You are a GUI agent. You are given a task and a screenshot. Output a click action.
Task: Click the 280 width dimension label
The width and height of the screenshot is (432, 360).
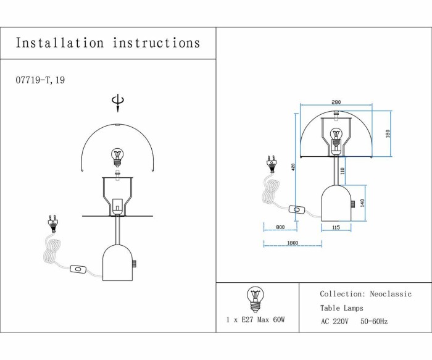[x=336, y=103]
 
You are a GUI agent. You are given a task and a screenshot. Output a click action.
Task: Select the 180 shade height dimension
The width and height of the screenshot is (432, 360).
[x=388, y=135]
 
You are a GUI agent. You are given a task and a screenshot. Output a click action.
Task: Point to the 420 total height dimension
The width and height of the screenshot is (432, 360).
[x=294, y=167]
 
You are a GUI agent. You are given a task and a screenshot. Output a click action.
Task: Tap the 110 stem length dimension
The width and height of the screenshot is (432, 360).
[x=343, y=170]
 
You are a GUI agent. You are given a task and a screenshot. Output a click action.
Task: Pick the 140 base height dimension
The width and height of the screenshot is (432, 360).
[x=363, y=202]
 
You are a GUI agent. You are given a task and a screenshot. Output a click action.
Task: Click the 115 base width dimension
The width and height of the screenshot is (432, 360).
[x=336, y=228]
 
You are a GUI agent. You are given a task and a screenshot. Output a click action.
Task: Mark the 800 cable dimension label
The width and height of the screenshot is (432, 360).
[x=280, y=228]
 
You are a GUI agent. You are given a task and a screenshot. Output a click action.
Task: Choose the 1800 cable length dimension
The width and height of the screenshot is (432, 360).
[x=293, y=243]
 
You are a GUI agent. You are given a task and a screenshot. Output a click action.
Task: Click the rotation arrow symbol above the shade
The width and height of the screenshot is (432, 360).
[x=117, y=102]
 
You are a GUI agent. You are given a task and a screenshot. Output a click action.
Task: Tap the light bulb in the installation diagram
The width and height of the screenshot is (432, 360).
[x=117, y=157]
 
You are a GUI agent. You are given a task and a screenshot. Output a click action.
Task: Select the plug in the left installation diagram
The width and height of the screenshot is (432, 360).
[x=53, y=223]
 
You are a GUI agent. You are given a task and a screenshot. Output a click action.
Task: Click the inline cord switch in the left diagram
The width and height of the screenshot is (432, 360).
[x=78, y=269]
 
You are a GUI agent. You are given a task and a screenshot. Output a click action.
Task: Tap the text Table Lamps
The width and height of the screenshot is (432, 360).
[x=341, y=308]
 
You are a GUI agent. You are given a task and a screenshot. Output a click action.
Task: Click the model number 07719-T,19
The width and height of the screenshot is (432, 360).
[x=40, y=80]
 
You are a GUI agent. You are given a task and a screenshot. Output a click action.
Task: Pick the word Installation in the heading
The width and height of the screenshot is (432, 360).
[x=60, y=43]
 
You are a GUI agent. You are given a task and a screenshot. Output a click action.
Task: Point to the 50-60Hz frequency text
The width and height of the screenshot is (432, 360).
[x=374, y=322]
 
